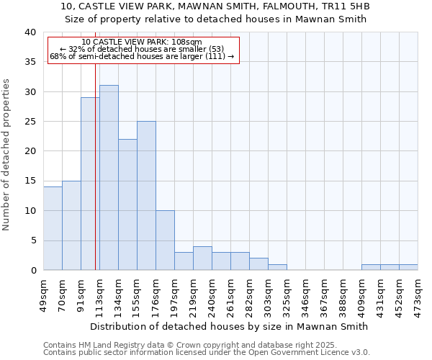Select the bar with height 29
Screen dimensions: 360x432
click(90, 184)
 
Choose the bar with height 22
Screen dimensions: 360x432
click(127, 204)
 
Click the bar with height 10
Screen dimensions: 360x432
click(165, 240)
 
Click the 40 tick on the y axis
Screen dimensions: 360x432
click(31, 32)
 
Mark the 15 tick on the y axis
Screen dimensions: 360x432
click(31, 181)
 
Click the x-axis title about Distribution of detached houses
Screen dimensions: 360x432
click(230, 326)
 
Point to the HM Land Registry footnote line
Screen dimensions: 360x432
click(206, 345)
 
